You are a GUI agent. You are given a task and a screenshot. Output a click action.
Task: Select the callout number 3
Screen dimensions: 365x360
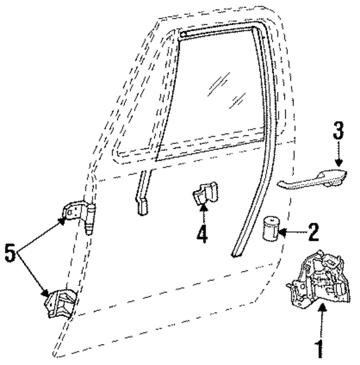338,131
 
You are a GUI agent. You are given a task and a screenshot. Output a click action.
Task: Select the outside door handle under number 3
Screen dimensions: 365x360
313,179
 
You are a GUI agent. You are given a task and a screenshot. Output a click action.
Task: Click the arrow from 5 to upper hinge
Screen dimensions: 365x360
41,234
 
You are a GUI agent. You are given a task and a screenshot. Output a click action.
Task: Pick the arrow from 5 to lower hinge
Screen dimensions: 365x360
34,274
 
